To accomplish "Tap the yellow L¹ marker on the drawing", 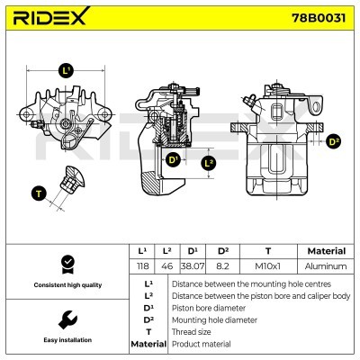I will (x=65, y=70).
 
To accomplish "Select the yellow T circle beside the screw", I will (x=38, y=192).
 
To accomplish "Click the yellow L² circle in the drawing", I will (x=209, y=163).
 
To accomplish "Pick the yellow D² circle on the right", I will (x=334, y=141).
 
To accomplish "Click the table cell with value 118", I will (x=142, y=266).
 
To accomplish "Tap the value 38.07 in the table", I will (x=193, y=266).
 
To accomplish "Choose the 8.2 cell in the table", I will (x=223, y=266).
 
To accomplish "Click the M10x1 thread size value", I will (x=266, y=266).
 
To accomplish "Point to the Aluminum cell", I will (x=326, y=266).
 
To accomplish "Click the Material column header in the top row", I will (x=326, y=251).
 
